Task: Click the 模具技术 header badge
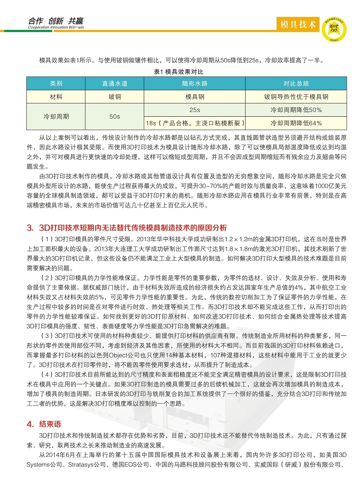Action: (x=298, y=24)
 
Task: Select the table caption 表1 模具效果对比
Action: (x=179, y=72)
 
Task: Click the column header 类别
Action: (x=56, y=83)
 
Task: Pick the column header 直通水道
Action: (x=114, y=83)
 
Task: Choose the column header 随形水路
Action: (x=195, y=83)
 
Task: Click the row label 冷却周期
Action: (x=56, y=116)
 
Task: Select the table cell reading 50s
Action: (x=114, y=116)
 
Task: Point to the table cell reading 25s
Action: (x=195, y=110)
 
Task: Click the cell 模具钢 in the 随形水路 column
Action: (x=195, y=97)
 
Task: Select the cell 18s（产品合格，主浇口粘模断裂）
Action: (x=195, y=123)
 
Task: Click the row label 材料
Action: (x=56, y=97)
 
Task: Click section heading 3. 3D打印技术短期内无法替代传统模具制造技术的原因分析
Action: (x=127, y=227)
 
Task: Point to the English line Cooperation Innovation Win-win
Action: (x=56, y=28)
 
